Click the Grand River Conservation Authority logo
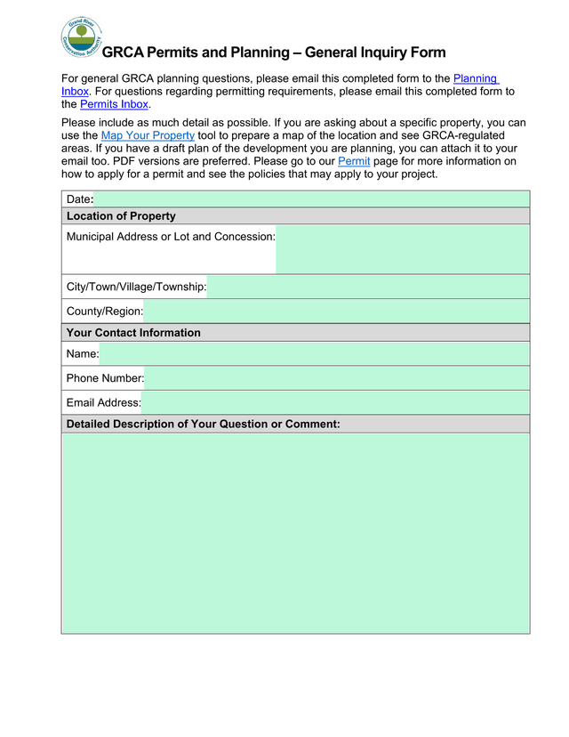pos(81,37)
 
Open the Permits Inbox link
pos(114,104)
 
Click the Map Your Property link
pos(148,135)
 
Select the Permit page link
pos(354,161)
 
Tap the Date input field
pos(311,199)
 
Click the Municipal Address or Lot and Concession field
pos(402,249)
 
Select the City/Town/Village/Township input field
pos(368,287)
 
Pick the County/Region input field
pos(336,312)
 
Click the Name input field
pos(314,354)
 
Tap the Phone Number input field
pos(336,378)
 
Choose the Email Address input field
pos(335,403)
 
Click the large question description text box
pos(295,533)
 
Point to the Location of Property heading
pos(121,216)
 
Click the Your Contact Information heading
pos(133,333)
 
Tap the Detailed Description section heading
pos(203,424)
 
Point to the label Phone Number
pos(105,378)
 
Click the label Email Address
pos(103,403)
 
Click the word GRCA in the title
pos(123,53)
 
